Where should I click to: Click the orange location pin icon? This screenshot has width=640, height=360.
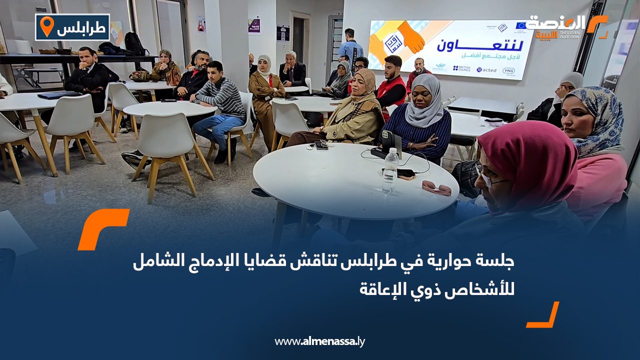(x=46, y=26)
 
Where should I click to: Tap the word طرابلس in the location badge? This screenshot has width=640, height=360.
(x=81, y=28)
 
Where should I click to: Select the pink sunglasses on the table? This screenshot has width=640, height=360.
(x=436, y=188)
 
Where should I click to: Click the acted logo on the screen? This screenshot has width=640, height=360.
(x=486, y=70)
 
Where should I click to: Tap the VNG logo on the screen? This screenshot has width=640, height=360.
(x=508, y=70)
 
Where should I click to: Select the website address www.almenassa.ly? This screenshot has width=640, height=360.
(x=320, y=341)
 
